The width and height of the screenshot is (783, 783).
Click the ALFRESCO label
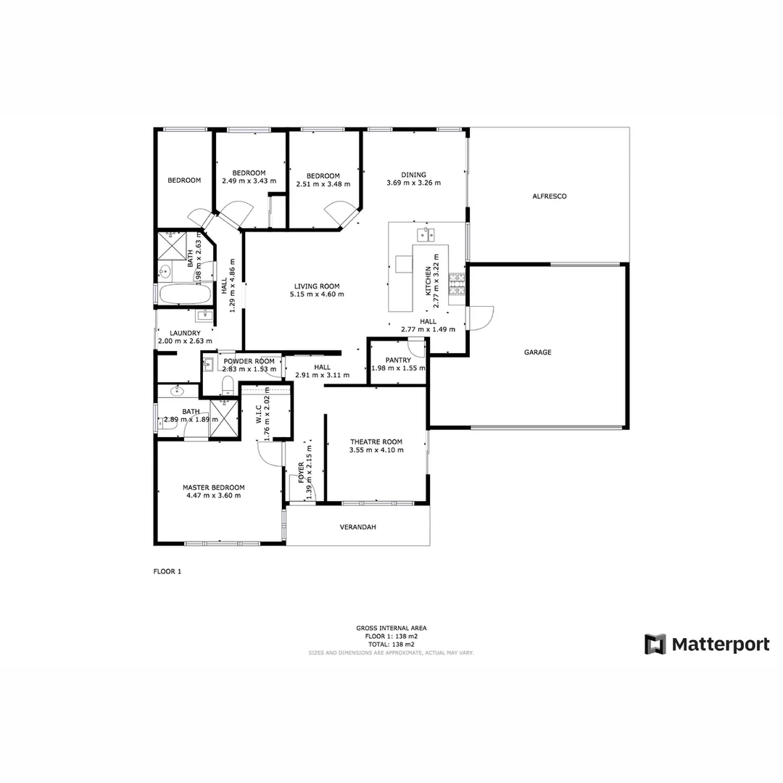tap(549, 196)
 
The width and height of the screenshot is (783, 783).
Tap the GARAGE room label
tap(538, 352)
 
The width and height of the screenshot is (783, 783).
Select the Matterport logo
tap(707, 644)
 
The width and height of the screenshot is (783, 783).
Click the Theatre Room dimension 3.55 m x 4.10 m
tap(376, 450)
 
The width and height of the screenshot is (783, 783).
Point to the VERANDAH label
tap(358, 527)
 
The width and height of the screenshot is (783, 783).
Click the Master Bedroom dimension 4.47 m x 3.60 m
tap(213, 496)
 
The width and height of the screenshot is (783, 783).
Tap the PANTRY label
tap(398, 360)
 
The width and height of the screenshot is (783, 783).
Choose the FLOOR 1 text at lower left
tap(167, 571)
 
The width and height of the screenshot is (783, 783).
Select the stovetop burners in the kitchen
tap(457, 284)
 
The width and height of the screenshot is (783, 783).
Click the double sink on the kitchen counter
tap(426, 233)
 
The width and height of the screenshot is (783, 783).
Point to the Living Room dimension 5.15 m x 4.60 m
tap(317, 294)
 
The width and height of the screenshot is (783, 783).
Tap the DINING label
tap(414, 175)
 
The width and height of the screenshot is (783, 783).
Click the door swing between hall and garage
tap(480, 318)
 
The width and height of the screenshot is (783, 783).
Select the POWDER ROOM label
tap(249, 361)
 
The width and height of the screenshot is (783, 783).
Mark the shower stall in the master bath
tap(224, 418)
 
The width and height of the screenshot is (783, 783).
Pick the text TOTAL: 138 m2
tap(391, 645)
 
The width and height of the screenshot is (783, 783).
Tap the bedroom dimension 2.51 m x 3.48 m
tap(323, 184)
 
